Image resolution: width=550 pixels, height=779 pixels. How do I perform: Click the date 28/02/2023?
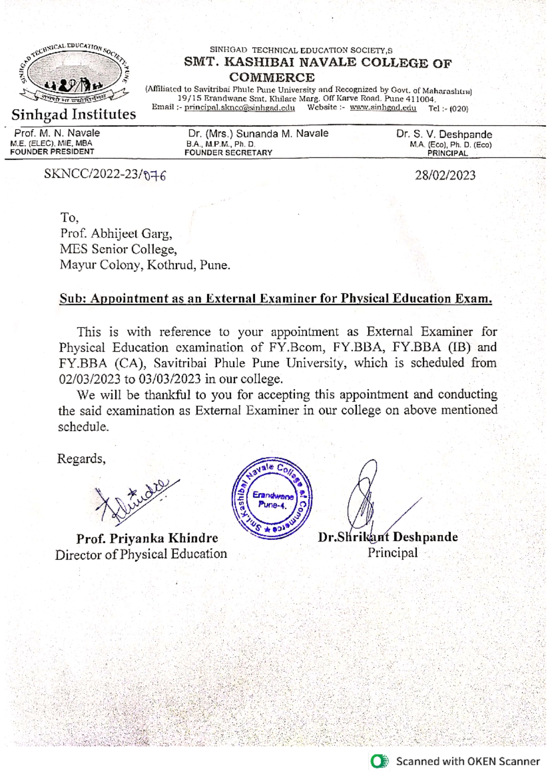(445, 175)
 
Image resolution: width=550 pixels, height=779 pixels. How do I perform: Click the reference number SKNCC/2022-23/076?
(104, 175)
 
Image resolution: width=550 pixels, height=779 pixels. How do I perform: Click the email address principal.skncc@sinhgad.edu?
(239, 108)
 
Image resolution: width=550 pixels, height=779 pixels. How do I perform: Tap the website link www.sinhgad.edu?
(383, 108)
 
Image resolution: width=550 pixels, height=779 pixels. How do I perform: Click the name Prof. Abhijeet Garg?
(116, 234)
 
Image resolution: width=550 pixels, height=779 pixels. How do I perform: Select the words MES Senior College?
(117, 249)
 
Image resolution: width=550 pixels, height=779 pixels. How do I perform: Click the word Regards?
(81, 458)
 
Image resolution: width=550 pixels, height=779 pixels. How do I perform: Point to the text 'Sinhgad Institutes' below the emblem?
(74, 114)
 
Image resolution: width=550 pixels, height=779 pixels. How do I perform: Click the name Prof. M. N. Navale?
(57, 134)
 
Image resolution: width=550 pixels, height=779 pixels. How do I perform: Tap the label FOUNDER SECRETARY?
(228, 153)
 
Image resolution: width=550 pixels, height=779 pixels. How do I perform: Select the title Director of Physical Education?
(141, 554)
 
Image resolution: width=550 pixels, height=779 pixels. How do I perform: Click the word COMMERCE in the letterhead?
(272, 78)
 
